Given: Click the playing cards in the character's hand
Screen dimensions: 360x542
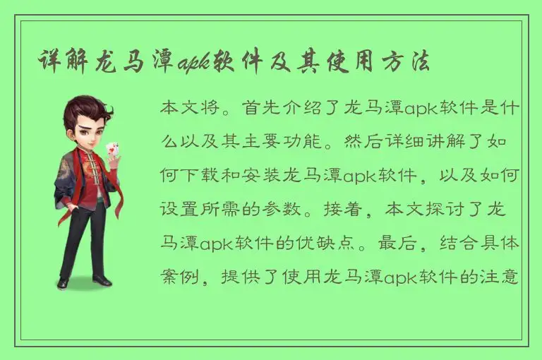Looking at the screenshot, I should (x=111, y=149).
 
